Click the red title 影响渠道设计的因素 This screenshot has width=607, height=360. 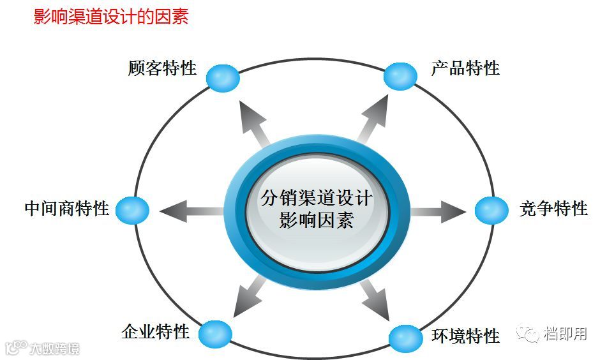pos(111,17)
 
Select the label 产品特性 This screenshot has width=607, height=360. pos(465,68)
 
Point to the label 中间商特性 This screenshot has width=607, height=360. pos(67,208)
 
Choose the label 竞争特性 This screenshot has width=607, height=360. pos(553,208)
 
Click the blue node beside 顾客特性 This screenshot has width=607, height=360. pos(223,78)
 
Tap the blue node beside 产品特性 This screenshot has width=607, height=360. pos(400,76)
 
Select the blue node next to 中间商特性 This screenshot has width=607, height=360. pos(133,210)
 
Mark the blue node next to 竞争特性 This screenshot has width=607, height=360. pos(491,210)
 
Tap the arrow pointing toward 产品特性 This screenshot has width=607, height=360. pos(372,119)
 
